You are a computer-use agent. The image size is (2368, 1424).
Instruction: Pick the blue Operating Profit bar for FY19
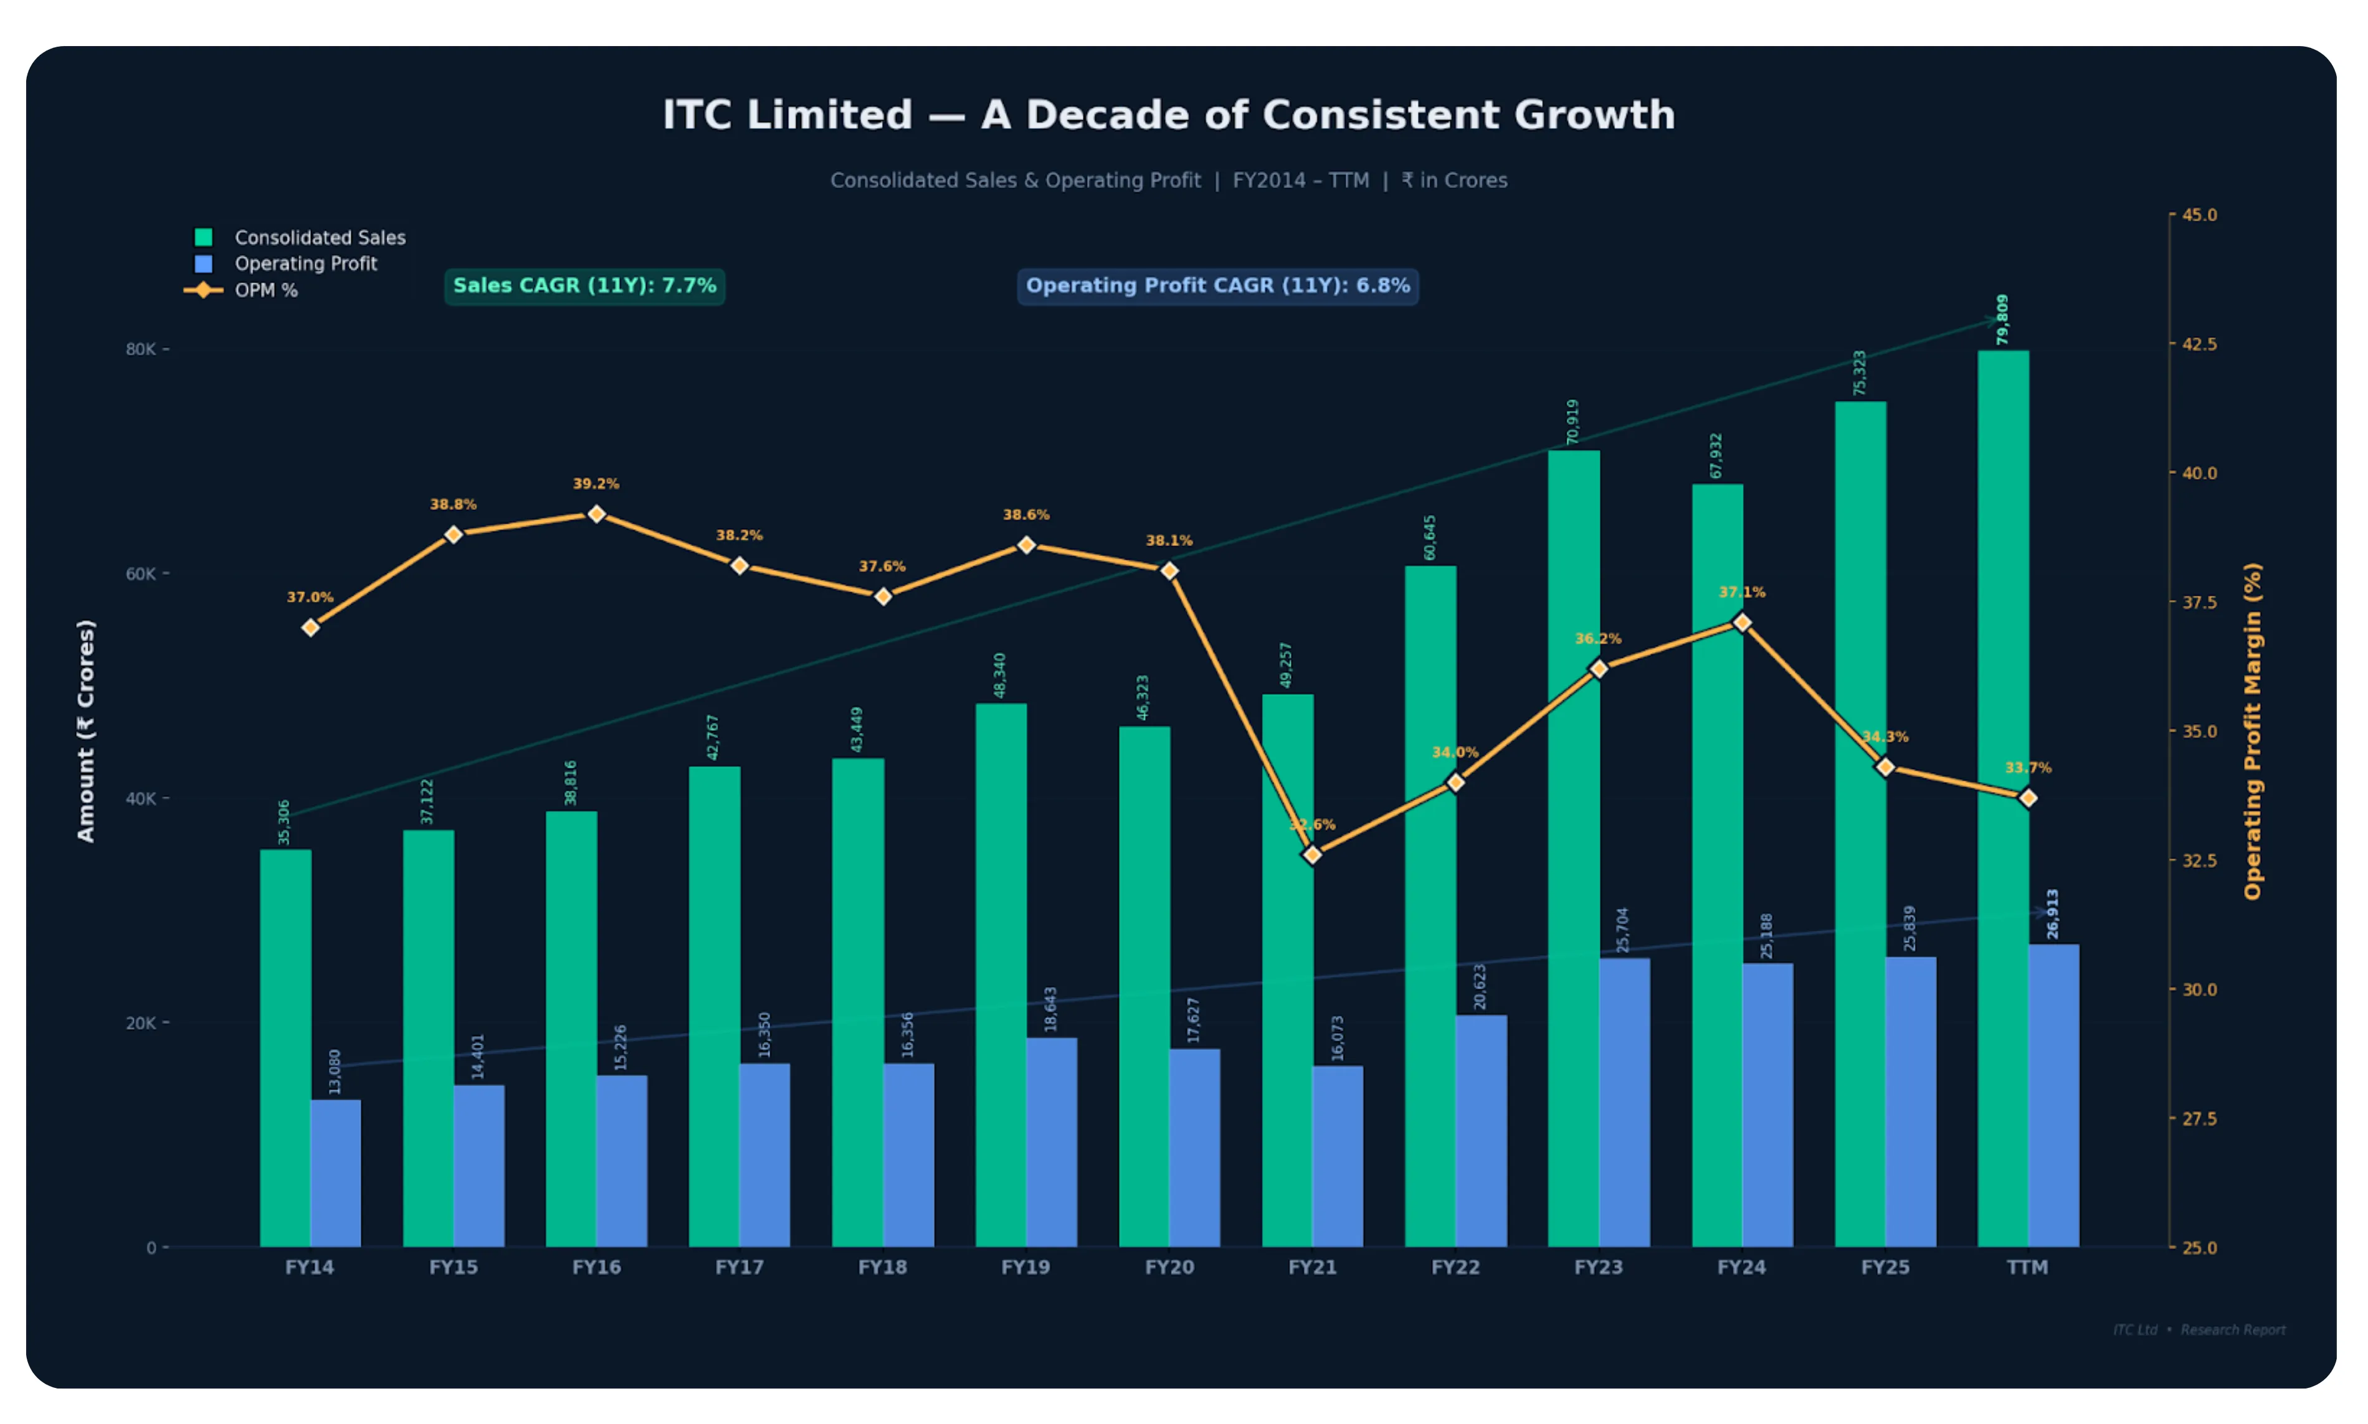click(x=1051, y=1142)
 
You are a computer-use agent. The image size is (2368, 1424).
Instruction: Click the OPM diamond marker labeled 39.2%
click(x=596, y=514)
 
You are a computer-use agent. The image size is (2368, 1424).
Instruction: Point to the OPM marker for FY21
click(x=1312, y=854)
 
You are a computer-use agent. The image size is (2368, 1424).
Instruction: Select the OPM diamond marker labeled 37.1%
click(x=1742, y=623)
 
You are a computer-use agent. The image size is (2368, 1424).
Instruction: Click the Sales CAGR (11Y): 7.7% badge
click(x=584, y=286)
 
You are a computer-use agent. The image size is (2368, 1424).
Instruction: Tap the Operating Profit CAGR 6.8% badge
click(x=1217, y=286)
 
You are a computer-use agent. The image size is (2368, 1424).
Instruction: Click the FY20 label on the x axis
click(x=1169, y=1268)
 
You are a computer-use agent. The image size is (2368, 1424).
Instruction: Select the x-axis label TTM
click(x=2027, y=1268)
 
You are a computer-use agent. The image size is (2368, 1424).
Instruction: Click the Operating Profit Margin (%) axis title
click(x=2252, y=731)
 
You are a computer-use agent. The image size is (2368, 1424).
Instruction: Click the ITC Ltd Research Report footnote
click(x=2198, y=1330)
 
